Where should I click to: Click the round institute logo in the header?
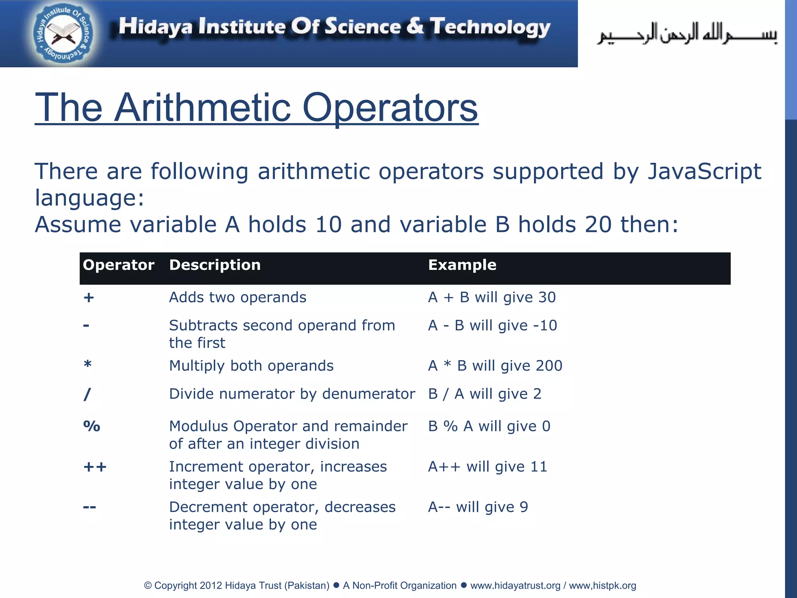point(63,34)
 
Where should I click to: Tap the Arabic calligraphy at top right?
point(687,34)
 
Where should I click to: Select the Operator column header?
point(118,265)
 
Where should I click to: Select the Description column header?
point(215,265)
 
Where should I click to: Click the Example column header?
point(462,265)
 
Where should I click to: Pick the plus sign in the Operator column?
point(89,298)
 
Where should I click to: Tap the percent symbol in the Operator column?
point(92,426)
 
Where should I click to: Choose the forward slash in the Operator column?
point(87,394)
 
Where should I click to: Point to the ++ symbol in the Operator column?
point(95,467)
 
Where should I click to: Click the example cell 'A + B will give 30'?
point(492,297)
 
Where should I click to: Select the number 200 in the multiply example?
point(549,366)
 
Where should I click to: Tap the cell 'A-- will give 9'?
point(478,507)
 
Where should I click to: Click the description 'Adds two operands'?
point(237,297)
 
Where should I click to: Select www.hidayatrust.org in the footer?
point(515,586)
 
